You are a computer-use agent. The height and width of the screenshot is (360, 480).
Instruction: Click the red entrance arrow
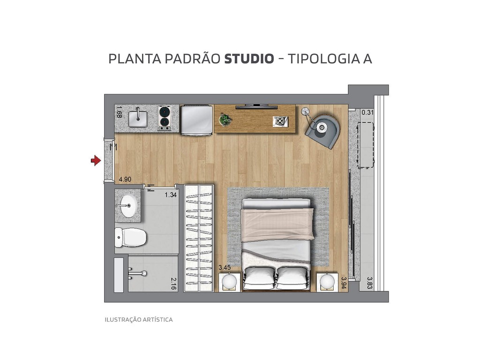(x=96, y=161)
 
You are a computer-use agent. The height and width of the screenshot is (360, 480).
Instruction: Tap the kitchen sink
(x=138, y=119)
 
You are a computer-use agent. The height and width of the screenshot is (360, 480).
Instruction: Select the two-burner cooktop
(x=164, y=118)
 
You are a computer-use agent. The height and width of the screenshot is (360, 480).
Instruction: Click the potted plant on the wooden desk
(x=225, y=120)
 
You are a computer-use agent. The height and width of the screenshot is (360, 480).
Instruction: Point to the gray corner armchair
(x=324, y=129)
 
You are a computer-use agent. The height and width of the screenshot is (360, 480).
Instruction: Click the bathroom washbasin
(x=127, y=205)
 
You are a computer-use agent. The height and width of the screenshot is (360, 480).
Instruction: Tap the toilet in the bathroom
(x=131, y=237)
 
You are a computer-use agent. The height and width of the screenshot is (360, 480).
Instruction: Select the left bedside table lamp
(x=229, y=281)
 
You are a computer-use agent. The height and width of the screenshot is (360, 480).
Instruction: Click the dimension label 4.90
(x=125, y=179)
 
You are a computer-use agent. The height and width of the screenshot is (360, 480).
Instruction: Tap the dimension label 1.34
(x=170, y=195)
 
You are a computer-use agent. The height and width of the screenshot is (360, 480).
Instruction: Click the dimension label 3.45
(x=225, y=268)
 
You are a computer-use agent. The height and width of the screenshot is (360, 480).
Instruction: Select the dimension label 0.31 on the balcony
(x=367, y=112)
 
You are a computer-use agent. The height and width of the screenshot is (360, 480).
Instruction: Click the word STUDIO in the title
(x=249, y=59)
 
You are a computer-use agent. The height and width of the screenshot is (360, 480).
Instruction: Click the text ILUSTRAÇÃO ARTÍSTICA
(x=138, y=320)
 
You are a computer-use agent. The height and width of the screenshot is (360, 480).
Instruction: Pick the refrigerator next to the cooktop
(x=196, y=120)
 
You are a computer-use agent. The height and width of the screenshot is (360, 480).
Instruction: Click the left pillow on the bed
(x=259, y=277)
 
